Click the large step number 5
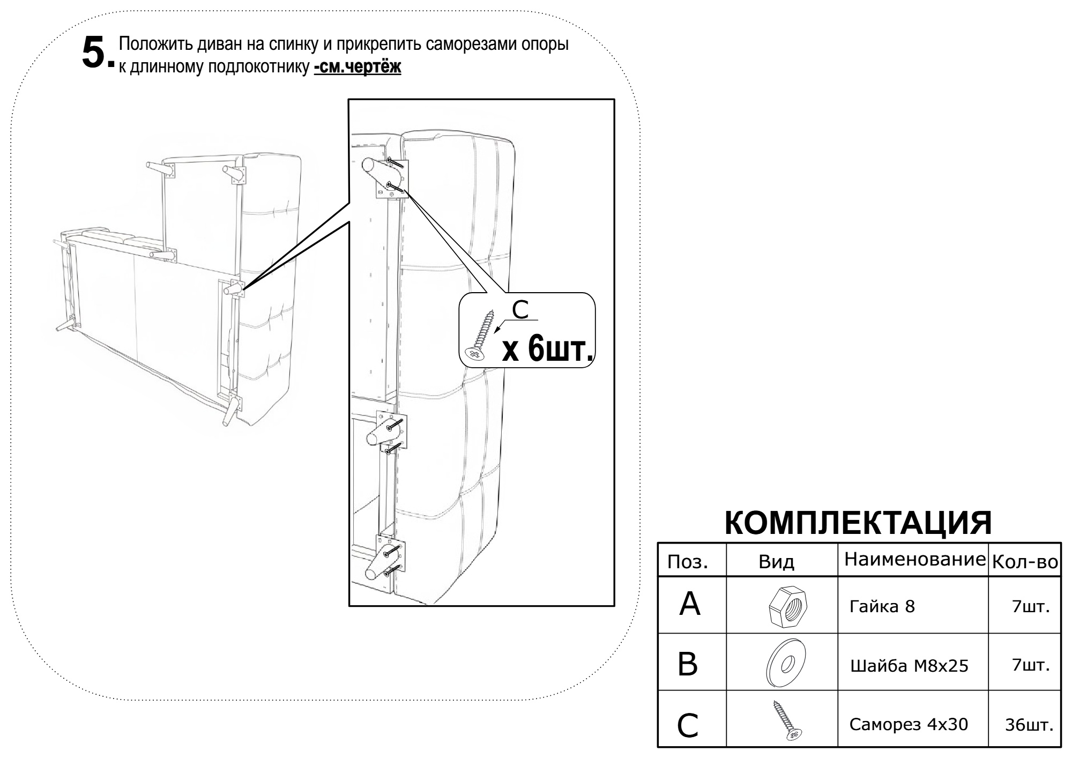(x=95, y=53)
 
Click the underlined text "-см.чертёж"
(x=358, y=67)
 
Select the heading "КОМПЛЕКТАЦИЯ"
(x=858, y=523)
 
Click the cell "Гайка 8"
(x=882, y=607)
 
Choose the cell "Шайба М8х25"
(x=910, y=666)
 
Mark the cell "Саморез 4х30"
(x=909, y=724)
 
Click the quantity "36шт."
(x=1029, y=725)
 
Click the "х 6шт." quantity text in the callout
(x=548, y=350)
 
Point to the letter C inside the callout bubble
(x=520, y=309)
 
